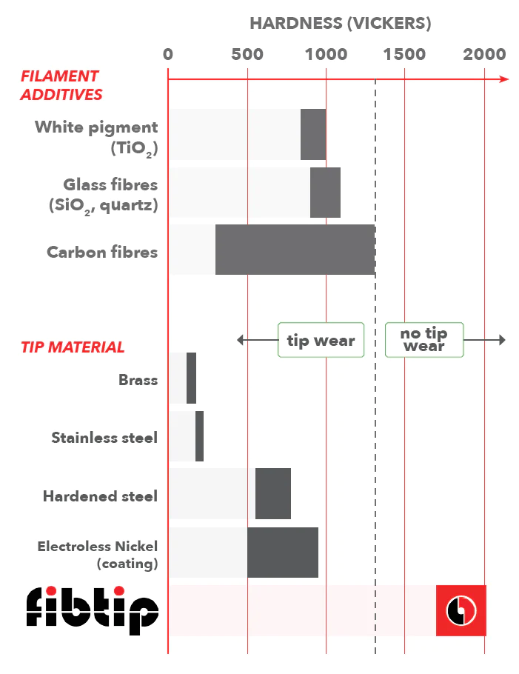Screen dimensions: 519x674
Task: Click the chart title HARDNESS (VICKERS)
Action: [341, 23]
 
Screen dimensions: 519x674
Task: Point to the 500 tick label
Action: [247, 55]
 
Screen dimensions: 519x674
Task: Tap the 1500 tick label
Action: [404, 55]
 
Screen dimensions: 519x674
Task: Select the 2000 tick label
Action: [484, 55]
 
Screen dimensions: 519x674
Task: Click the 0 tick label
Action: [168, 55]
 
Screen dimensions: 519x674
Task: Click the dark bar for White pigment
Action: [313, 134]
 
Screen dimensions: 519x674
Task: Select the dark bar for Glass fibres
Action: [325, 193]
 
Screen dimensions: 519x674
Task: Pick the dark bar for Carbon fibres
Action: [295, 250]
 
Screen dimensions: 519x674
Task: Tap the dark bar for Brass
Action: [191, 378]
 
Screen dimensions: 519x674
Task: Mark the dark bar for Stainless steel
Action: [199, 436]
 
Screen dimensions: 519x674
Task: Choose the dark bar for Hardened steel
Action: [273, 493]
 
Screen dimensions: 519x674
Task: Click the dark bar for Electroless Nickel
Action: [283, 553]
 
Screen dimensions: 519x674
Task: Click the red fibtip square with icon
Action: [461, 610]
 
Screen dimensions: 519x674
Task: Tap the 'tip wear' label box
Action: [321, 340]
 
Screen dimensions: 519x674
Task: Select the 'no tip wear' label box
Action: [424, 340]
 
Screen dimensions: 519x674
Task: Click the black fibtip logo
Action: [93, 610]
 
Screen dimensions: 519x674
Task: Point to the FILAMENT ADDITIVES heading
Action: [61, 85]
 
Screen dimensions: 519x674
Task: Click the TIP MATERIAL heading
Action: [73, 347]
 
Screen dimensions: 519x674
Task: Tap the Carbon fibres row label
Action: [102, 252]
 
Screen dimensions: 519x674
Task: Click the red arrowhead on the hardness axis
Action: [504, 79]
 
